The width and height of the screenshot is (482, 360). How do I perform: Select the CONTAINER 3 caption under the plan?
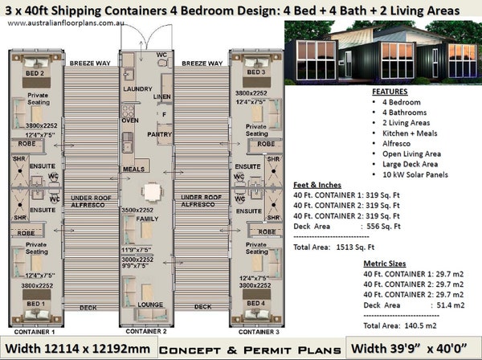pyautogui.click(x=251, y=330)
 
